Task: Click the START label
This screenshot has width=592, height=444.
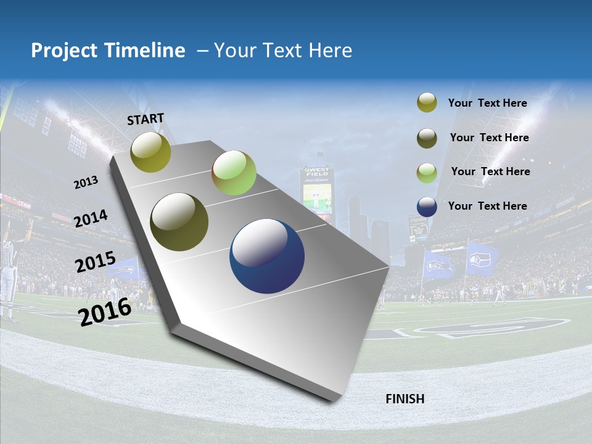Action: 146,119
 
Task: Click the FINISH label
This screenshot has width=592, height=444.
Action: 405,399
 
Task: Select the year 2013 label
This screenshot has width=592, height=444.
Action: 86,183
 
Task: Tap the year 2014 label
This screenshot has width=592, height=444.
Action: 91,219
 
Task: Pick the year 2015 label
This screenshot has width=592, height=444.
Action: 96,262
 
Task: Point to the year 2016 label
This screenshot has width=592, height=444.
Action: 105,311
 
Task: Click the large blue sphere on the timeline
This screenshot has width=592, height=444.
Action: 267,256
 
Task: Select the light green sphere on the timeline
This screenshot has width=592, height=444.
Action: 234,173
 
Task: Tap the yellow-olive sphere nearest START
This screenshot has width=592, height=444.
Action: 151,152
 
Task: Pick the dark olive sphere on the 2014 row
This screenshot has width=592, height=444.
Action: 179,222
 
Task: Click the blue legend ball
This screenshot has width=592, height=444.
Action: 427,207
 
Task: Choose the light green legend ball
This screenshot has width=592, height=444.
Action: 427,173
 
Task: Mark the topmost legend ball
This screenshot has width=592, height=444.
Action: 427,103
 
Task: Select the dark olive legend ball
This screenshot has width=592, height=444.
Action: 427,138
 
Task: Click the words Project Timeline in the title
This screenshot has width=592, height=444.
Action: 108,51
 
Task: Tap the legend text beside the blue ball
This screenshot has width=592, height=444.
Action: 487,206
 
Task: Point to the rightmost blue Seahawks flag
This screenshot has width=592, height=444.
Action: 482,259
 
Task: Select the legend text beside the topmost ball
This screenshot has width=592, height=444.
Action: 487,103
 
